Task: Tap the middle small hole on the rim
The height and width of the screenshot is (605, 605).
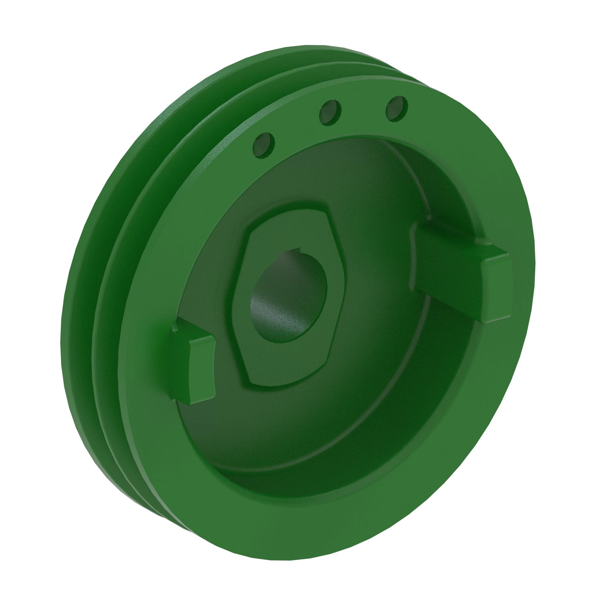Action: pos(330,113)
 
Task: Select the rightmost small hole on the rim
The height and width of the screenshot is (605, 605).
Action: pos(397,107)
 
